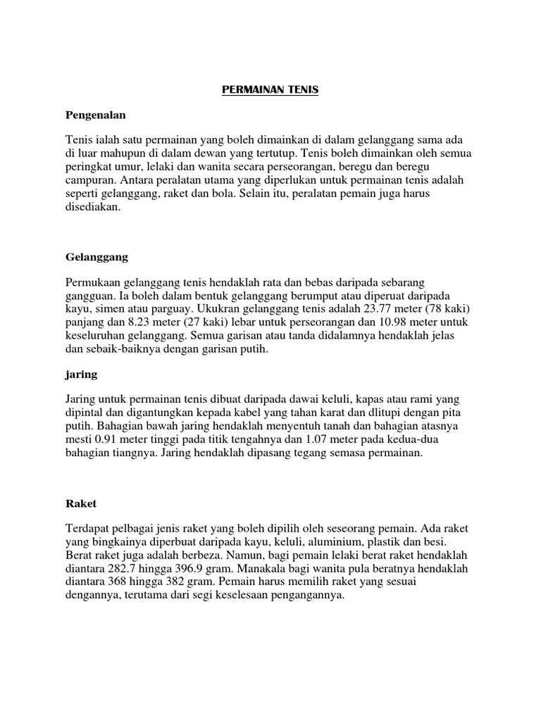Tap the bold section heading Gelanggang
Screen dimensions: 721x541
tap(96, 258)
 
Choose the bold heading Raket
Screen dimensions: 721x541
tap(80, 504)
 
